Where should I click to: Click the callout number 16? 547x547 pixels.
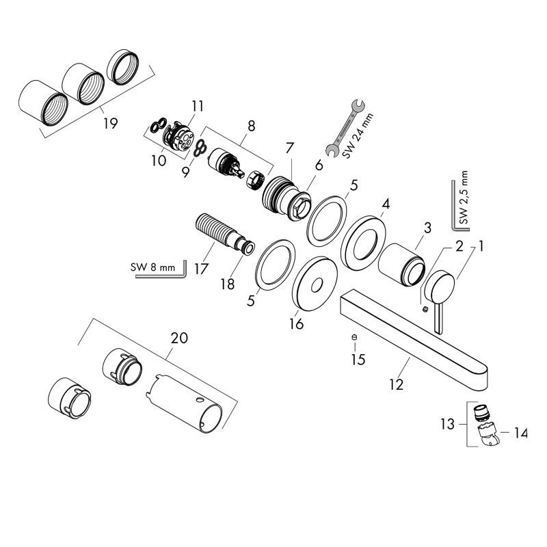tap(296, 323)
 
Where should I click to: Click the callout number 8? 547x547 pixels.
tap(251, 126)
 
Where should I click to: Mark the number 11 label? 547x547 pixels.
tap(198, 106)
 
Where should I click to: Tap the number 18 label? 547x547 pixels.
tap(227, 282)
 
